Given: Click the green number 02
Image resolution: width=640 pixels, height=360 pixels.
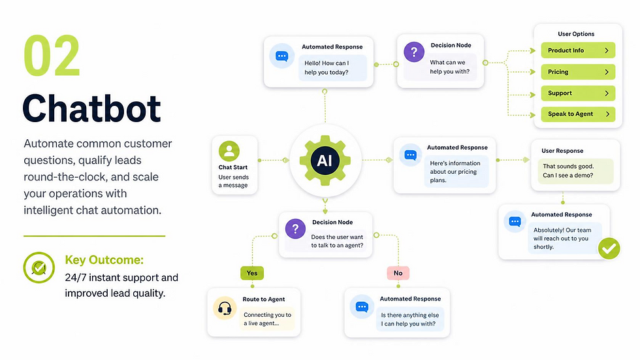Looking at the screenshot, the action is click(x=52, y=56).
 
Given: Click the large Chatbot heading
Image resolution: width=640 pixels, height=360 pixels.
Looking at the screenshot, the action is click(x=91, y=108).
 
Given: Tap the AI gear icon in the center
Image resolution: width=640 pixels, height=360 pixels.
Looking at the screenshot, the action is click(x=325, y=161).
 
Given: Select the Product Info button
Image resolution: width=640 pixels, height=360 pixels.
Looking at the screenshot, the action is click(x=578, y=50).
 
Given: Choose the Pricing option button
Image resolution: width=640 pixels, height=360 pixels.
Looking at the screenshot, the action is click(x=578, y=72).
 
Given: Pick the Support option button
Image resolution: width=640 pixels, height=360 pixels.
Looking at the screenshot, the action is click(x=578, y=93).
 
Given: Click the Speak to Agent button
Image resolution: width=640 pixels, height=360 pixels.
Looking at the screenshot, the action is click(x=578, y=114).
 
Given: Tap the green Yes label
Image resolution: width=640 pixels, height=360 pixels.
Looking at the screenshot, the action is click(x=252, y=273).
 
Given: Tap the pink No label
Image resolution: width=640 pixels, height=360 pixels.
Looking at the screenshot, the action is click(x=398, y=273).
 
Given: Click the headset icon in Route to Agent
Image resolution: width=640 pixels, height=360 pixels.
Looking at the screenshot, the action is click(x=225, y=308).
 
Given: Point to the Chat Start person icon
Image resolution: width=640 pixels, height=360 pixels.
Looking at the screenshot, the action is click(x=229, y=151).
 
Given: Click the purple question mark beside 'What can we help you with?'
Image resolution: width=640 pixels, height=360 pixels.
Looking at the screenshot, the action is click(x=414, y=52).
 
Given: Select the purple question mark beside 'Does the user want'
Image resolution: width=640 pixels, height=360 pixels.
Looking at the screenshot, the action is click(x=295, y=229).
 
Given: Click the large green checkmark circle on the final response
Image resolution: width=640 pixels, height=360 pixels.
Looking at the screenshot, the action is click(x=609, y=248).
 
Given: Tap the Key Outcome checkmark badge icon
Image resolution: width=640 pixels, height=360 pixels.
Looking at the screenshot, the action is click(x=39, y=268).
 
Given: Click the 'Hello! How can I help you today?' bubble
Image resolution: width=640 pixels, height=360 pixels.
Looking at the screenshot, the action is click(x=332, y=68).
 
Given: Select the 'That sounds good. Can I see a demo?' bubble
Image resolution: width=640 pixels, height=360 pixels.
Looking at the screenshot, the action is click(x=575, y=171).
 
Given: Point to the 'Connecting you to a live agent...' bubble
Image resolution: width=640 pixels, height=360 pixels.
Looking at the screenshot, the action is click(x=267, y=319).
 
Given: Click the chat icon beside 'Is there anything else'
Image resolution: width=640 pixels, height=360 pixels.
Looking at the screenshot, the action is click(x=362, y=306).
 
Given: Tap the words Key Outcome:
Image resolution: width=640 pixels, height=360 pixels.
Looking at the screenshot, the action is click(x=104, y=260).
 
